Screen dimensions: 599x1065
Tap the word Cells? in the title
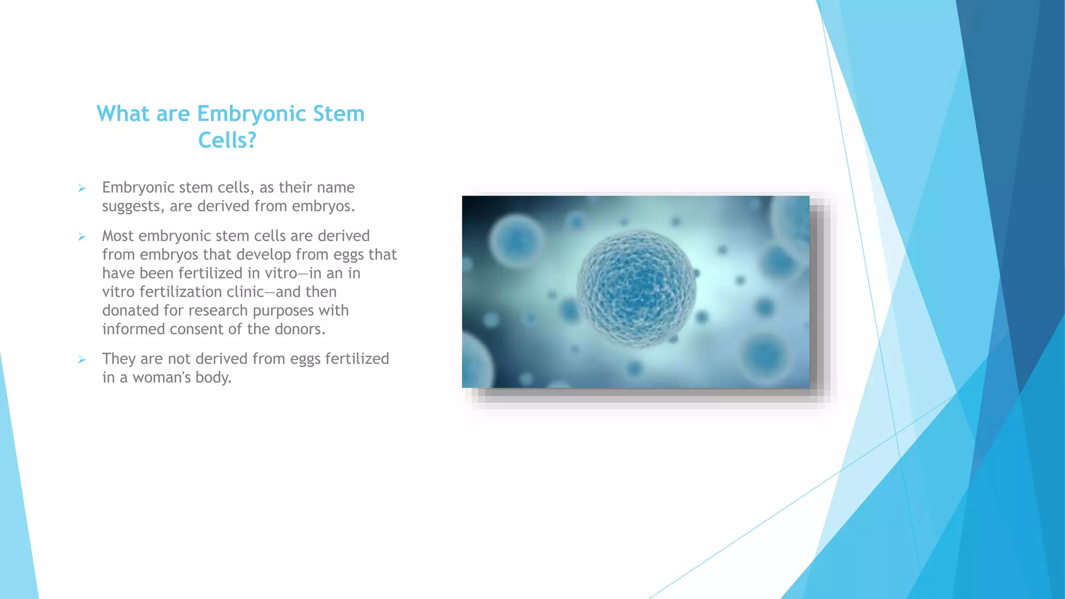(x=227, y=140)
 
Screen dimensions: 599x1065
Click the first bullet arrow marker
(x=82, y=188)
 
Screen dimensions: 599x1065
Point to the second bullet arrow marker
(x=82, y=237)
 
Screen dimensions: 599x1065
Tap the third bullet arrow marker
(x=82, y=359)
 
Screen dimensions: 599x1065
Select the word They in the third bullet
(x=119, y=359)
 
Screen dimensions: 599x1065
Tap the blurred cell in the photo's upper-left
(x=516, y=241)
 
